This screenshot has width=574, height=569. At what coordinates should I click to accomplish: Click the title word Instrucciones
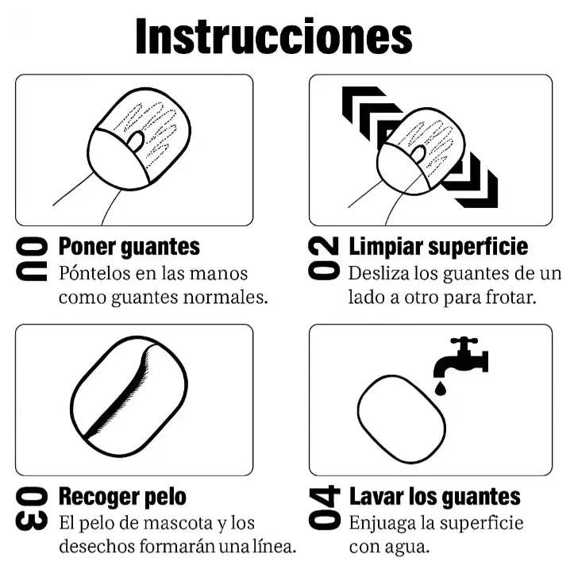(x=274, y=36)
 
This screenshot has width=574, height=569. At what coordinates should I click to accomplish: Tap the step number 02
(x=324, y=259)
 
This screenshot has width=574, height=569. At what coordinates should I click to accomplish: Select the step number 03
(x=32, y=509)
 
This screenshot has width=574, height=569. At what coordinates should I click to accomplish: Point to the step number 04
(x=324, y=508)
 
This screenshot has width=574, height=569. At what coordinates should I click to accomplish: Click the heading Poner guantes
(x=129, y=247)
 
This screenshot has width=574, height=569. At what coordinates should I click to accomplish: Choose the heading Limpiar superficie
(x=438, y=247)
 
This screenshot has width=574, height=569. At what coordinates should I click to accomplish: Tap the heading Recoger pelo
(x=122, y=497)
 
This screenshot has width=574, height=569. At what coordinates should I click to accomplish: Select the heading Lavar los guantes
(x=435, y=497)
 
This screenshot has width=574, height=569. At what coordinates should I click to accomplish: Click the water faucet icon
(x=460, y=357)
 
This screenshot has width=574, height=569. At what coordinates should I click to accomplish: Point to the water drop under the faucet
(x=441, y=388)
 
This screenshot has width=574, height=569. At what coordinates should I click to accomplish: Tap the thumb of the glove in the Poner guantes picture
(x=136, y=140)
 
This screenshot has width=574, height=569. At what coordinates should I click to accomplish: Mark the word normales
(x=225, y=297)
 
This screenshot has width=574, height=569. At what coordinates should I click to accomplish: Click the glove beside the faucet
(x=402, y=419)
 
